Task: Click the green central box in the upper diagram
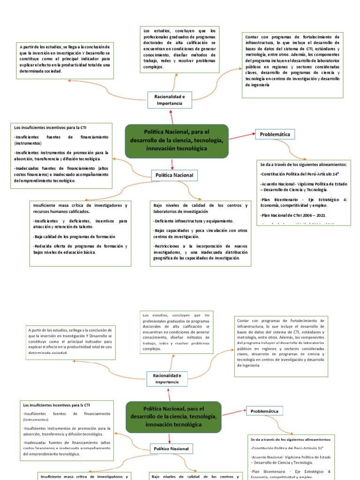click(x=177, y=141)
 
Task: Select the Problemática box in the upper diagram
click(x=275, y=135)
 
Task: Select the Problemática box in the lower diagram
click(x=264, y=411)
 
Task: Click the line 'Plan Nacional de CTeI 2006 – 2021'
click(x=293, y=215)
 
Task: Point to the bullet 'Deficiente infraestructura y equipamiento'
click(x=193, y=220)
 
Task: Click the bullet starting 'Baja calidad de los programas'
click(x=74, y=236)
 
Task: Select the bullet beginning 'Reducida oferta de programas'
click(x=80, y=249)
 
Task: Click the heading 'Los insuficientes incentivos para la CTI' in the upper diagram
click(x=51, y=127)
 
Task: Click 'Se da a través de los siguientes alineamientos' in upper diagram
click(x=303, y=165)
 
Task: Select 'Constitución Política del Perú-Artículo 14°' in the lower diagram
click(x=287, y=448)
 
